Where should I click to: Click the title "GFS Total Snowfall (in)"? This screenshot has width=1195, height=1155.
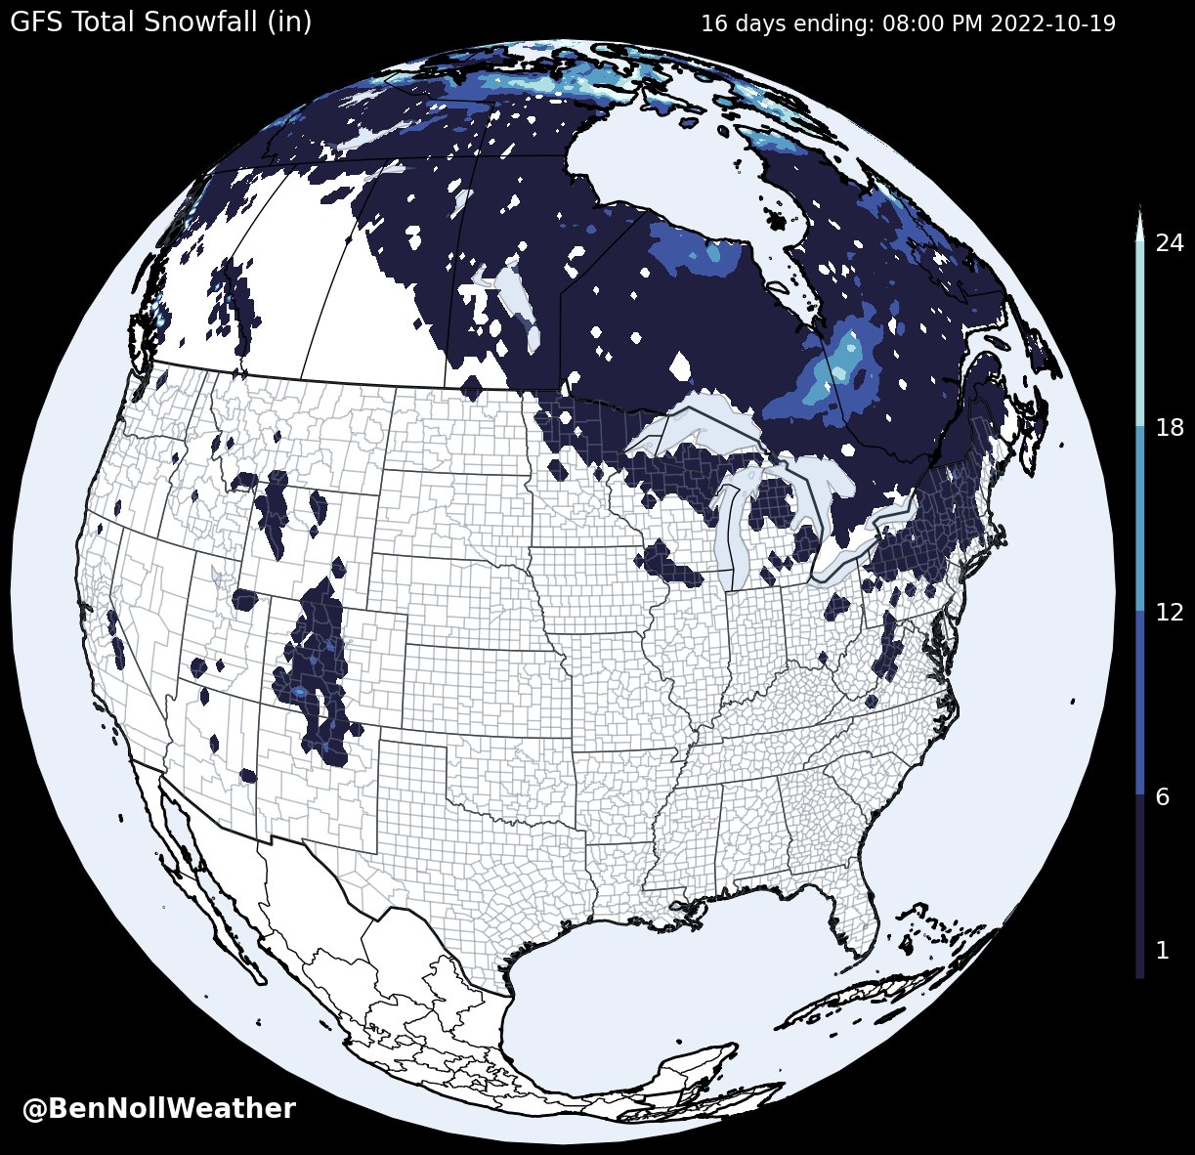tap(160, 21)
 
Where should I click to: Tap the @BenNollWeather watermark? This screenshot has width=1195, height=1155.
tap(158, 1108)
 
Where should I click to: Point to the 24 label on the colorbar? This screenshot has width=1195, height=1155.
tap(1169, 243)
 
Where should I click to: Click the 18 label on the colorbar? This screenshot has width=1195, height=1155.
tap(1169, 428)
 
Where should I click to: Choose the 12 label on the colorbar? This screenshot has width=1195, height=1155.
tap(1169, 613)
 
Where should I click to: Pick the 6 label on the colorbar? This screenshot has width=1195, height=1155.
tap(1162, 797)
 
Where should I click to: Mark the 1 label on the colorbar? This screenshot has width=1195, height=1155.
tap(1162, 950)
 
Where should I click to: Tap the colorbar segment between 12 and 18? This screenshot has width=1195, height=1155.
tap(1139, 518)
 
